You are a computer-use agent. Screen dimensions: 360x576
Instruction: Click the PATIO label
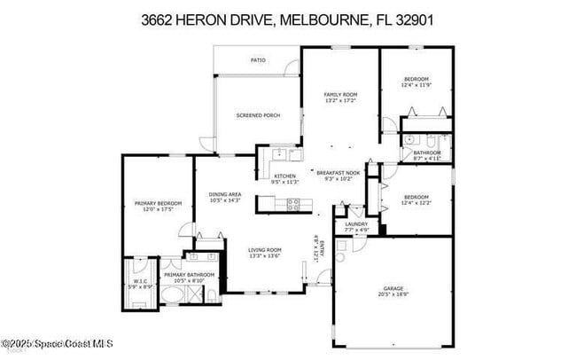258,60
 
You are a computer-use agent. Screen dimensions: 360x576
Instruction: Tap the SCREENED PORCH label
258,115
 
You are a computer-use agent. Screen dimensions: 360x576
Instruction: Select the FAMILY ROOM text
339,94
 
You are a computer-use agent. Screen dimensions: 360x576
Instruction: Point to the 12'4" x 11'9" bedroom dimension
416,85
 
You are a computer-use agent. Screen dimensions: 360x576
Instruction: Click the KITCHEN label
284,176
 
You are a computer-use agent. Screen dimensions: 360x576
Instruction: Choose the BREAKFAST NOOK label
338,172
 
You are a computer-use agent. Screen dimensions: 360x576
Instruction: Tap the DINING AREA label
225,194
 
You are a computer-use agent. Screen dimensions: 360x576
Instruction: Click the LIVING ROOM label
264,250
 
